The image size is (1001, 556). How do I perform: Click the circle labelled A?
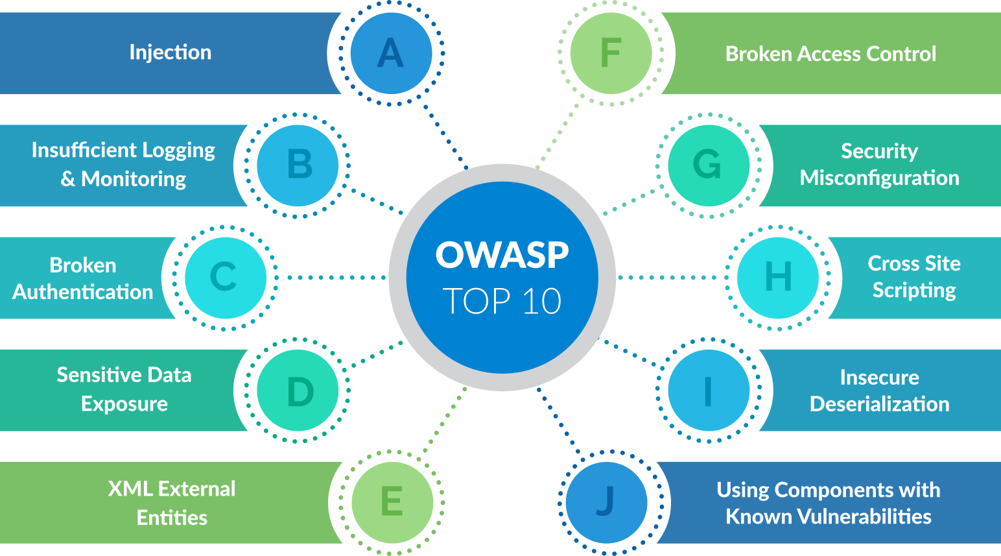391,53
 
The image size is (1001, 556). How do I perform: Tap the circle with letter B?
298,165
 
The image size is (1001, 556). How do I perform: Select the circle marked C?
225,278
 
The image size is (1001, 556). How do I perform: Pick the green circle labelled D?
298,390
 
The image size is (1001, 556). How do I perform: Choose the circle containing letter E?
392,502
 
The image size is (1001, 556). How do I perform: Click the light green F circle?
611,53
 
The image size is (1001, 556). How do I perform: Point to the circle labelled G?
709,165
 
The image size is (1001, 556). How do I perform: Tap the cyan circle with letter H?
778,278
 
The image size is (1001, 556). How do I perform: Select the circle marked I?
709,390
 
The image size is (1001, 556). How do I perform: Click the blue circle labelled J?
606,502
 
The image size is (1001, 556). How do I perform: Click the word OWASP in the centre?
502,254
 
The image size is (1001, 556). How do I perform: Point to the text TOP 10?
502,302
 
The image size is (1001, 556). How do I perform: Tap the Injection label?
171,52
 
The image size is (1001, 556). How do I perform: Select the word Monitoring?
134,178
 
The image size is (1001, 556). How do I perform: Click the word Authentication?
83,292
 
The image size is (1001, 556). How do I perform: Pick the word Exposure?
124,404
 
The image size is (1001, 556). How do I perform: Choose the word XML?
130,489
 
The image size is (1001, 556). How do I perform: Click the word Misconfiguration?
879,178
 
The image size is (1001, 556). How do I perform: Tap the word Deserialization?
879,404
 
